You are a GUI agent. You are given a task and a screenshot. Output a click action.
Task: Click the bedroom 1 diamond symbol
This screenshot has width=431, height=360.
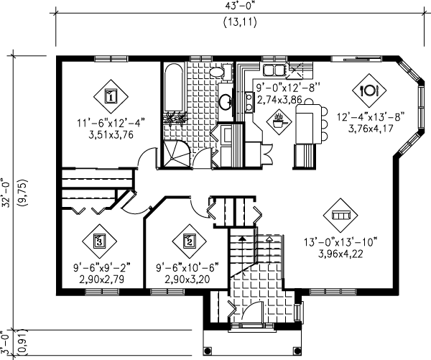coord(111,96)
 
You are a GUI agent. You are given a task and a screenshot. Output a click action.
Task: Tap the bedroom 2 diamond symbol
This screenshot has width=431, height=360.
coord(190,241)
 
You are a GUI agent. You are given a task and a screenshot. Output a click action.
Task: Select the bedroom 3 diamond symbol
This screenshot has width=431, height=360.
coord(99,241)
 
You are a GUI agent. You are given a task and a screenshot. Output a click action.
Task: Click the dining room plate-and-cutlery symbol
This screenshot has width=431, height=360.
coord(369,91)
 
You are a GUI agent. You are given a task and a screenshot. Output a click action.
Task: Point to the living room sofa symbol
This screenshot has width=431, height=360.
coord(340,215)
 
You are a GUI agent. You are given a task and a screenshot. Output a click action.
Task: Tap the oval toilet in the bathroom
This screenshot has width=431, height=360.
coord(218,72)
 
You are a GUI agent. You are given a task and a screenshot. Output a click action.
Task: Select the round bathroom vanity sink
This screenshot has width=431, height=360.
coord(226,101)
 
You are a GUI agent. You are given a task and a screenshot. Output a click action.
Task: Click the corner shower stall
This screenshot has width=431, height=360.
coord(176,153)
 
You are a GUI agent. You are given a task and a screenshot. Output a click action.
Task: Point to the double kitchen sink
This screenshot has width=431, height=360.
coord(274,69)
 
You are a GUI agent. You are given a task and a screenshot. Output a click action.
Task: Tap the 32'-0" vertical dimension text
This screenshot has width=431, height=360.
coord(7,193)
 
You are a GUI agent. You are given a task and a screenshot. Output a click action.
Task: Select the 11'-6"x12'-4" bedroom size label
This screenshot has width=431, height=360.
coord(111,123)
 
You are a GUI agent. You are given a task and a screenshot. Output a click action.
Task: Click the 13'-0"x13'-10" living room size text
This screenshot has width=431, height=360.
coord(340,243)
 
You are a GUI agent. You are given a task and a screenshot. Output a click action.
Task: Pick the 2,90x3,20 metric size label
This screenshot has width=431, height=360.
coord(187,280)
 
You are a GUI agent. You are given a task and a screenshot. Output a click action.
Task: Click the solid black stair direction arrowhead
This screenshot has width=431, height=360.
coord(242,239)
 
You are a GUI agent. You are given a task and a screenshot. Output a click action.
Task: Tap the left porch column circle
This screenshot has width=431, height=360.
coord(208,351)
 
